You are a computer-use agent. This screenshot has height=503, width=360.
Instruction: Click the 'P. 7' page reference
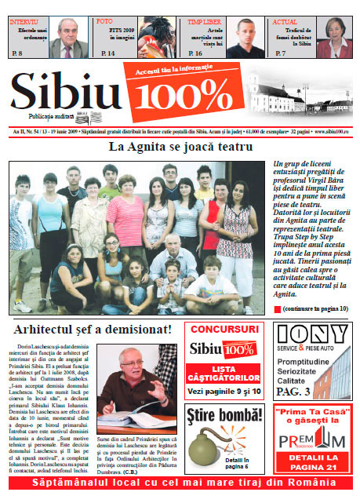[280, 53]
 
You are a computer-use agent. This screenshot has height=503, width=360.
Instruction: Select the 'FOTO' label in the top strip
[104, 23]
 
